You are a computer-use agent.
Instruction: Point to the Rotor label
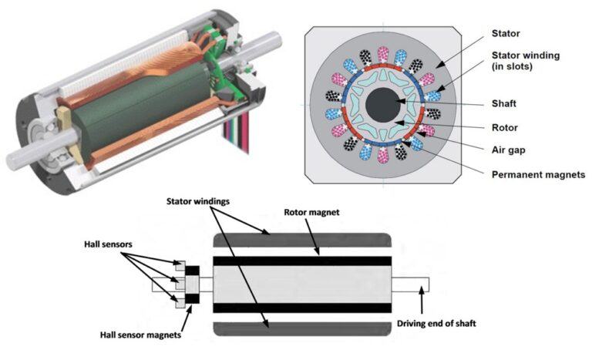[x=505, y=128]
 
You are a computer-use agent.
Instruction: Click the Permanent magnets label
[x=538, y=175]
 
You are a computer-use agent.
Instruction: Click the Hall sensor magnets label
[x=142, y=335]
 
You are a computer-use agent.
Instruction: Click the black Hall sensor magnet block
[x=191, y=284]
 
